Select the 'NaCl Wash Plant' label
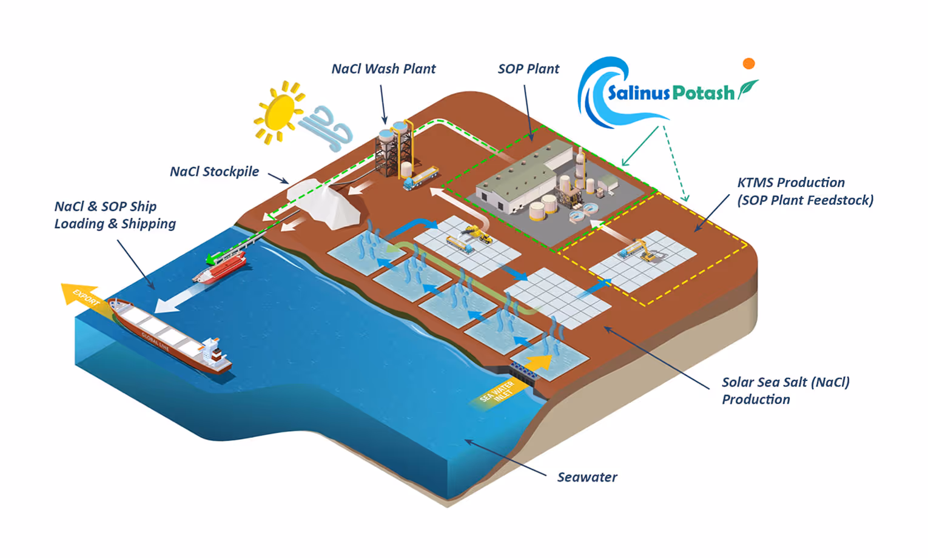pyautogui.click(x=383, y=69)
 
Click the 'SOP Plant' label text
pyautogui.click(x=528, y=69)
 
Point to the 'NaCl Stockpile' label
pyautogui.click(x=214, y=172)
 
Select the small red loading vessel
pyautogui.click(x=220, y=268)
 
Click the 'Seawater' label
pyautogui.click(x=587, y=477)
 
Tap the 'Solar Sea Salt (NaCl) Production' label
pyautogui.click(x=785, y=391)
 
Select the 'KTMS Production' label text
pyautogui.click(x=790, y=183)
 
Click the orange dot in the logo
pyautogui.click(x=749, y=64)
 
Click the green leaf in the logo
pyautogui.click(x=748, y=89)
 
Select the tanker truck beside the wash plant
pyautogui.click(x=421, y=176)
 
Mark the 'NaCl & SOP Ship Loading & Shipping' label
pyautogui.click(x=115, y=215)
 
